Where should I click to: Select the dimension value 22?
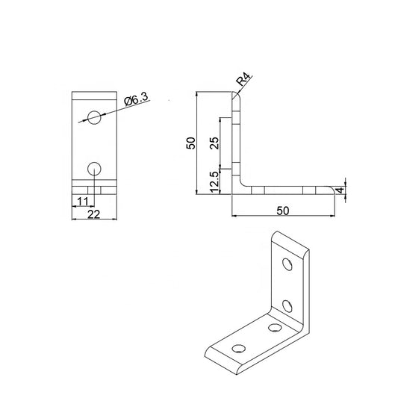point(94,214)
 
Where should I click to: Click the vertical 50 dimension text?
point(191,143)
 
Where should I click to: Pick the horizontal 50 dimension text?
point(282,211)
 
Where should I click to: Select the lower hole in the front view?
point(94,167)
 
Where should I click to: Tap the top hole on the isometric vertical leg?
point(287,265)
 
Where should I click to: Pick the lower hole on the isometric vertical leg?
point(287,304)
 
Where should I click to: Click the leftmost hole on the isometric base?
point(240,347)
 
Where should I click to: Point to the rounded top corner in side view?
point(236,95)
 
